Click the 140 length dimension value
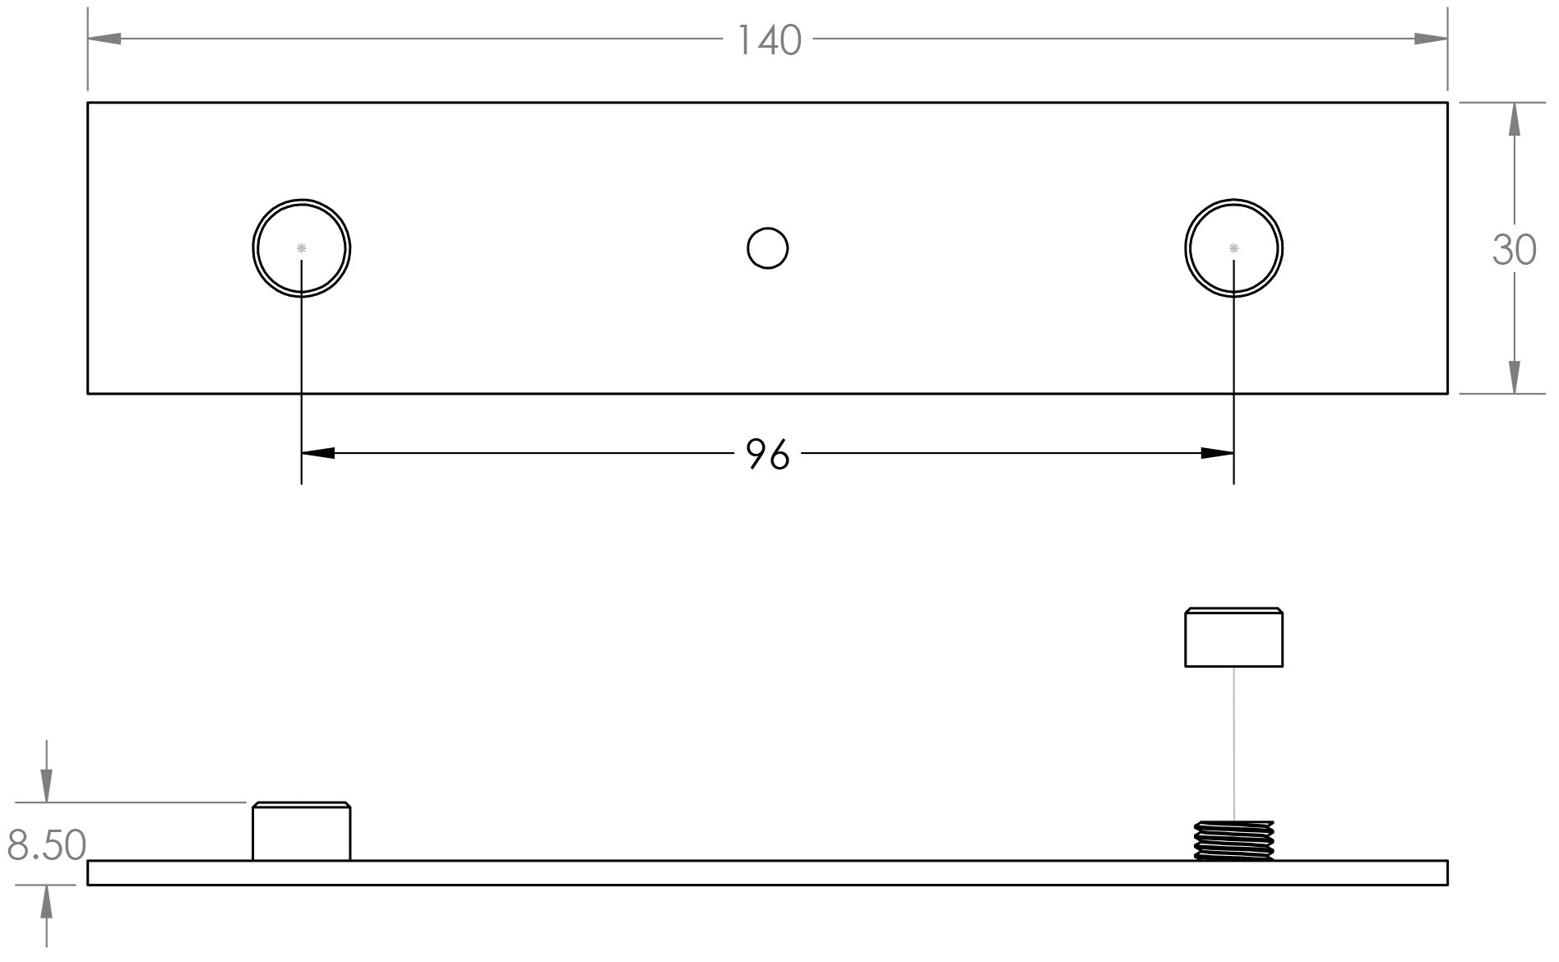tap(769, 40)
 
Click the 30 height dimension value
tap(1514, 250)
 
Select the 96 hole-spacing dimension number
tap(767, 454)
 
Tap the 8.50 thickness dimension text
tap(47, 845)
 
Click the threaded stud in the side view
tap(1233, 840)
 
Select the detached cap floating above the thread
tap(1233, 637)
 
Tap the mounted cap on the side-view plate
tap(302, 831)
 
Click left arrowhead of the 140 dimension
tap(104, 39)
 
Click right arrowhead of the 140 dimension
tap(1431, 39)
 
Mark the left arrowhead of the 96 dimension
tap(318, 453)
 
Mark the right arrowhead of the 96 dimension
tap(1217, 453)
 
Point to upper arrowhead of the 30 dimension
tap(1515, 119)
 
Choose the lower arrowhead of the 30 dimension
tap(1515, 377)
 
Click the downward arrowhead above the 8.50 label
tap(47, 785)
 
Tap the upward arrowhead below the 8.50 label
tap(47, 902)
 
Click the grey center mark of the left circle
tap(302, 247)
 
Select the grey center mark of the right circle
tap(1233, 247)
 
